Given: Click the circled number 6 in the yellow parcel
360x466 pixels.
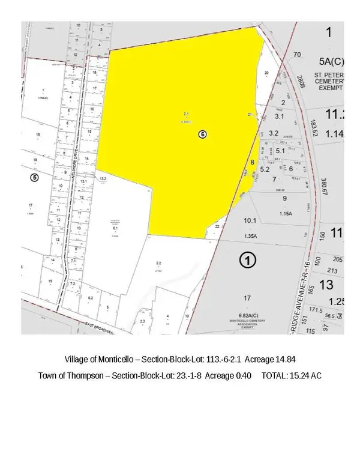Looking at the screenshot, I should pos(203,135).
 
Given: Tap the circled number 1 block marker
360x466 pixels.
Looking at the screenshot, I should pos(247,260).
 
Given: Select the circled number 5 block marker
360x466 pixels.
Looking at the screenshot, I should pos(34,177).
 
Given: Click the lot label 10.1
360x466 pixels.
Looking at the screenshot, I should pos(250,220).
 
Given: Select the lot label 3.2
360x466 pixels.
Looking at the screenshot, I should pos(274,133).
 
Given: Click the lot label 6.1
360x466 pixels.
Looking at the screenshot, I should pos(115,228).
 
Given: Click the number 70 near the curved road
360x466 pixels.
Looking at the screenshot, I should pos(296,55).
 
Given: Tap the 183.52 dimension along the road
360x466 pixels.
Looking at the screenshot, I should pos(313,128).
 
